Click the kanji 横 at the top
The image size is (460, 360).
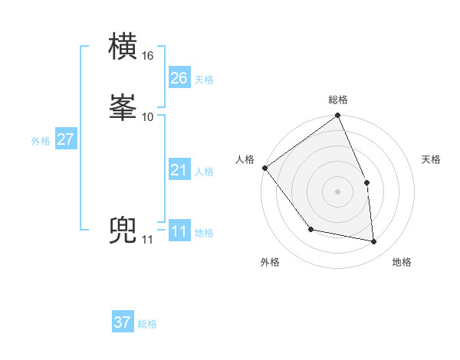[124, 47]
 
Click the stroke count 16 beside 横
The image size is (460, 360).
[148, 56]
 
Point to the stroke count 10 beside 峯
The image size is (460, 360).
[148, 116]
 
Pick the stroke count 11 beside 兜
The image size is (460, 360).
[147, 240]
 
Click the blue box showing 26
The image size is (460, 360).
[179, 77]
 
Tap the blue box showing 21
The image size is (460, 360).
[179, 170]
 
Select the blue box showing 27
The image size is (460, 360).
[65, 139]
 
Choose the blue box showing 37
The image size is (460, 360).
[123, 322]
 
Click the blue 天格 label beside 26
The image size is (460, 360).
[204, 79]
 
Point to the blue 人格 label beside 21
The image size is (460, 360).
[204, 172]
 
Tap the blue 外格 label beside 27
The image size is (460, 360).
[41, 141]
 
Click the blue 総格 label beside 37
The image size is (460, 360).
[147, 324]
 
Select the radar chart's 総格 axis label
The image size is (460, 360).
[338, 100]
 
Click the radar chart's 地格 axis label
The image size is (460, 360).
[402, 263]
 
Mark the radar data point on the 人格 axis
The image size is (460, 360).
[264, 168]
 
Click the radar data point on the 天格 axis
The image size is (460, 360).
[366, 182]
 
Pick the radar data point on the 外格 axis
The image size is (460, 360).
[310, 229]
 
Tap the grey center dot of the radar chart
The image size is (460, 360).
[338, 191]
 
